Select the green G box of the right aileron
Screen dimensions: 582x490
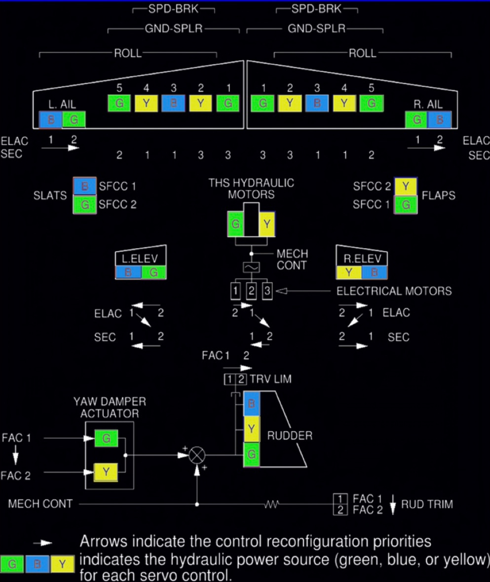coord(416,119)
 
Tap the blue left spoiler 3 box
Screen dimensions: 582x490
coord(173,104)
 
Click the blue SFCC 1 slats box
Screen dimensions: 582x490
coord(84,187)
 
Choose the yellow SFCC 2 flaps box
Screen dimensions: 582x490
coord(406,187)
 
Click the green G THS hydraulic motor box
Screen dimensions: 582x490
coord(236,224)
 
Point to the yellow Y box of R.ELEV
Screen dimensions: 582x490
coord(348,272)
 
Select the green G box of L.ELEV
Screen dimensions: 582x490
coord(154,272)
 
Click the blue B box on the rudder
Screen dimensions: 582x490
coord(251,404)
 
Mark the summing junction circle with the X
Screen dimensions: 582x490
coord(197,455)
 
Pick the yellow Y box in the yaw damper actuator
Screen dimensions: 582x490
coord(106,473)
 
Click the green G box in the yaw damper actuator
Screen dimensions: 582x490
coord(106,438)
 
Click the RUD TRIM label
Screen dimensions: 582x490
coord(427,504)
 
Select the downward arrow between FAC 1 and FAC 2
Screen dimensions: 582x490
coord(15,456)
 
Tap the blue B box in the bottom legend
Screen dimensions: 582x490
coord(38,563)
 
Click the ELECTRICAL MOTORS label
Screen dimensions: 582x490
coord(394,291)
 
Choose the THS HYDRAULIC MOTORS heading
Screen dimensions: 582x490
coord(251,188)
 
